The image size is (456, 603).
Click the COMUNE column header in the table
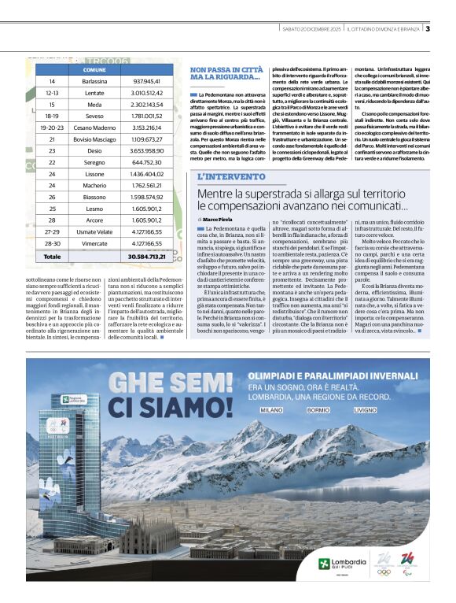(94, 69)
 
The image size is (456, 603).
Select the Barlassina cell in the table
(94, 81)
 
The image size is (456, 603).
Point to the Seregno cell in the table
(94, 161)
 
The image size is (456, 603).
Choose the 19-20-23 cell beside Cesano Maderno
(52, 127)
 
